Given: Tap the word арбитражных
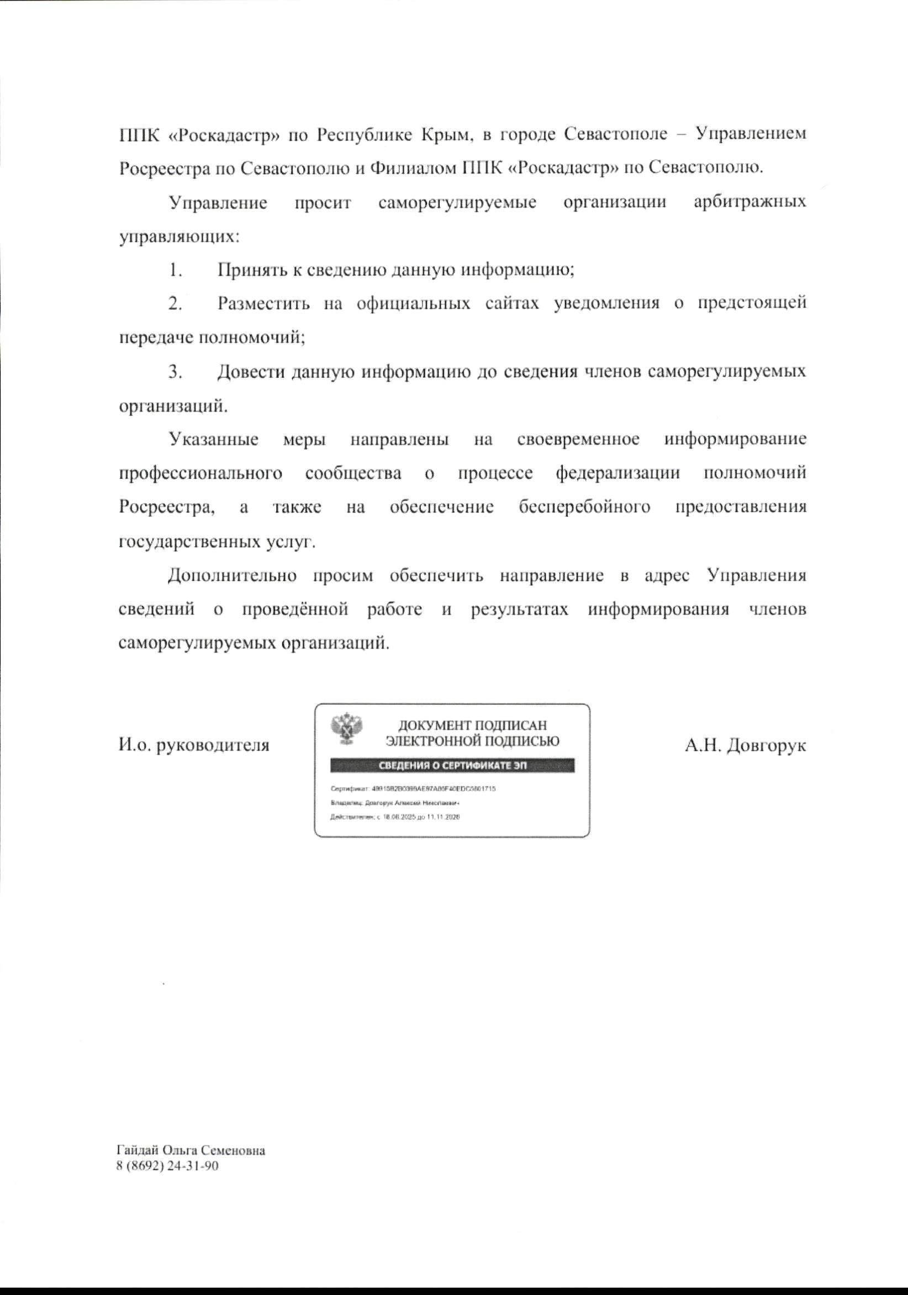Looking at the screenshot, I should coord(749,203).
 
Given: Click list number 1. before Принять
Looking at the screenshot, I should coord(175,270).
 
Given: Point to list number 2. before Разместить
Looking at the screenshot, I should coord(175,304).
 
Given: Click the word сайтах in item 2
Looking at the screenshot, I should coord(513,304).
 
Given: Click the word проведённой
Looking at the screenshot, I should coord(295,610).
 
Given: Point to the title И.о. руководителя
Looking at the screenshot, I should coord(194,745).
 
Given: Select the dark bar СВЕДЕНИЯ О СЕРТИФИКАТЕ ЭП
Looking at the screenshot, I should coord(452,765).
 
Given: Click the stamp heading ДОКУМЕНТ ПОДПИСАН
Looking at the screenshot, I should coord(473,725).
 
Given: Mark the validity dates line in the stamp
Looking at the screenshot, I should coord(395,817).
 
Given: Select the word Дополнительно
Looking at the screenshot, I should coord(233,576).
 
